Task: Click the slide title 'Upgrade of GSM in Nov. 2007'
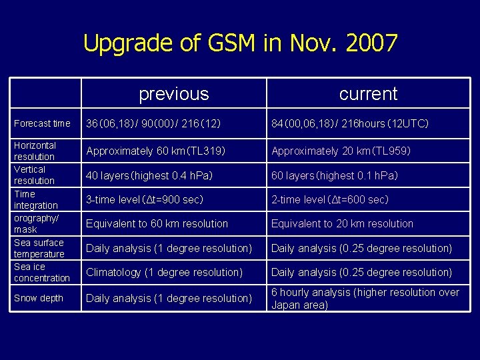240,43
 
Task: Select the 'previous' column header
173,94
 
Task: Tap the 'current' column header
368,94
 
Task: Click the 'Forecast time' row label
42,123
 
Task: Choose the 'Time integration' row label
36,199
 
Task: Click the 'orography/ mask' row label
37,223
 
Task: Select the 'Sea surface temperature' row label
39,248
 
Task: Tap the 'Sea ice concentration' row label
41,272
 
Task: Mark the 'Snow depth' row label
39,298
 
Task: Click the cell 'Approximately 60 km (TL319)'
156,151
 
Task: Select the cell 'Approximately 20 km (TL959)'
341,151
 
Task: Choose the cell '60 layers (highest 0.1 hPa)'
334,175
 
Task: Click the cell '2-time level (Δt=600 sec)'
329,199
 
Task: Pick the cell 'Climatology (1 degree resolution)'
164,272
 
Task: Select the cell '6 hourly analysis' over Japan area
365,299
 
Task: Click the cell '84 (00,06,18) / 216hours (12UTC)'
349,123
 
